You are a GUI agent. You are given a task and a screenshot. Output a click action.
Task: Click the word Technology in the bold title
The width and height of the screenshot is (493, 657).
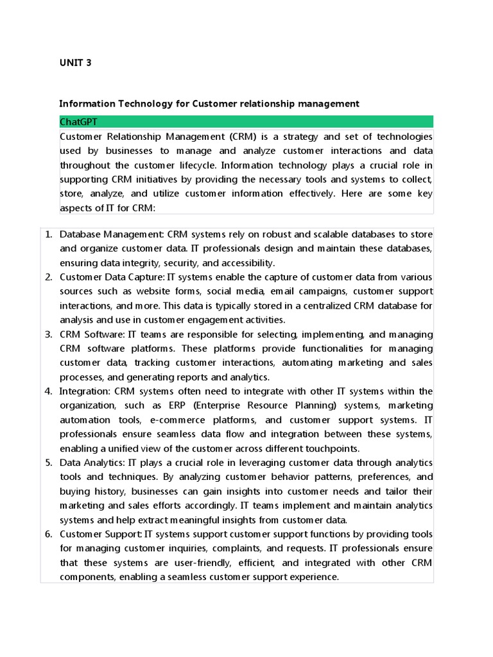coord(141,103)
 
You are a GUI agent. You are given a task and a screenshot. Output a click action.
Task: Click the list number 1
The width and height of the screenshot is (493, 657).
coord(49,234)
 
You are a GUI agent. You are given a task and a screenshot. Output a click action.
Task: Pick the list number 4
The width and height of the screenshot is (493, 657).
coord(49,391)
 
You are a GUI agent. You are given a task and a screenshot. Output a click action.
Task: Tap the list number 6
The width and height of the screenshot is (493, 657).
coord(49,534)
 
